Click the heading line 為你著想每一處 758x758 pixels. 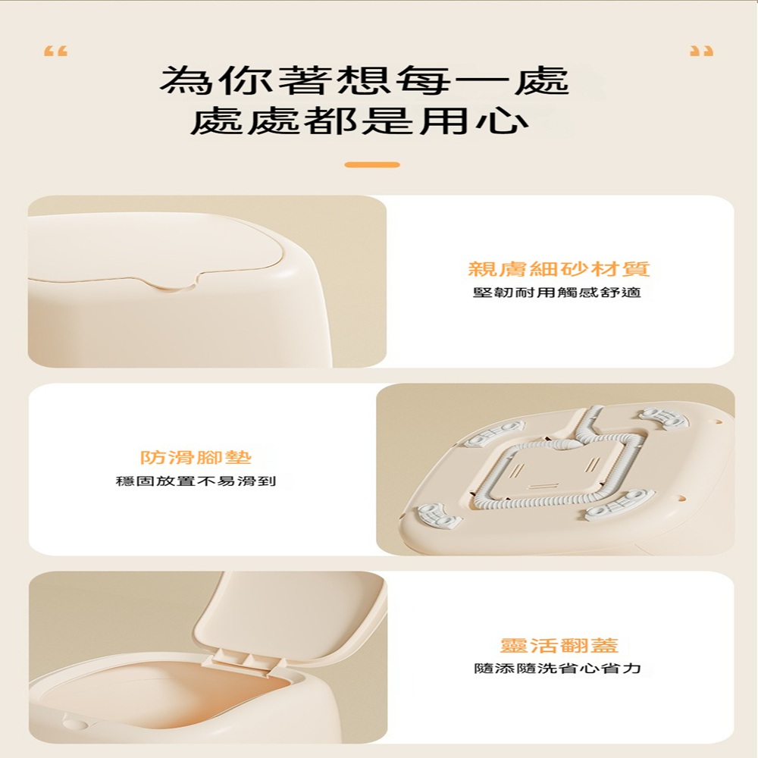(x=365, y=80)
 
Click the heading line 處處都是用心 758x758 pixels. (x=360, y=121)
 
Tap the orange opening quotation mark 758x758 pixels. (x=55, y=52)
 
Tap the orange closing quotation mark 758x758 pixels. (x=701, y=52)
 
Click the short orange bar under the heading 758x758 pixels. (x=372, y=164)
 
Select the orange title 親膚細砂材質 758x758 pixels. (x=559, y=269)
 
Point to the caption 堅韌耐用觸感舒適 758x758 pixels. (x=557, y=293)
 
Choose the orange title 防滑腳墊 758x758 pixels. (x=196, y=457)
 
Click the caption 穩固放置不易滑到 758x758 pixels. (x=196, y=481)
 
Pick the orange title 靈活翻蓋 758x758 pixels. (x=559, y=645)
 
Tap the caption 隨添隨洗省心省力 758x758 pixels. (x=557, y=669)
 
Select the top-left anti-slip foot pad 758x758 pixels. (x=494, y=432)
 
